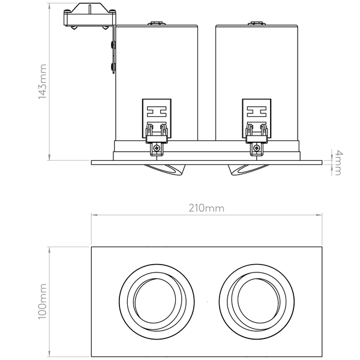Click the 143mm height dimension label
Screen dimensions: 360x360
click(x=42, y=82)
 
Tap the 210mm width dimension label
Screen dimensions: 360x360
click(x=206, y=208)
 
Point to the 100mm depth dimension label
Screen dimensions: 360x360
click(x=42, y=301)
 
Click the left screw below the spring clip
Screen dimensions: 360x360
click(x=157, y=148)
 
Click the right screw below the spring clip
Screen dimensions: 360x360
click(x=257, y=148)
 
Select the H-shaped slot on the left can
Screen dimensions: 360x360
click(x=157, y=112)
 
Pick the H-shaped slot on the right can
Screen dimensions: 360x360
click(x=257, y=112)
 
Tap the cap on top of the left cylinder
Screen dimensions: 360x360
click(x=157, y=23)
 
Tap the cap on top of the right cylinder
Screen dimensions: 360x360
click(x=257, y=23)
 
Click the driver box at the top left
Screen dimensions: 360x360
click(x=89, y=15)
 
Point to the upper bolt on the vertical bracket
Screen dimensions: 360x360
click(x=113, y=44)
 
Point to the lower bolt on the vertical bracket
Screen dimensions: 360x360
click(x=113, y=67)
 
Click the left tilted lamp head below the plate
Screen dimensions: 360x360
click(x=165, y=170)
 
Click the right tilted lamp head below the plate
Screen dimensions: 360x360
click(x=248, y=170)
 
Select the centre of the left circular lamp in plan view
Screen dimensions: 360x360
click(x=157, y=301)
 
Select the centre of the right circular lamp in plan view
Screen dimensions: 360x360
click(x=257, y=301)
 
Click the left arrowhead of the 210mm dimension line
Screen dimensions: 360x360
click(x=94, y=215)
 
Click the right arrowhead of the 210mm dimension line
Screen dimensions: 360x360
click(x=319, y=215)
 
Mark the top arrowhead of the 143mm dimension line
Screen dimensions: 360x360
click(x=49, y=6)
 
